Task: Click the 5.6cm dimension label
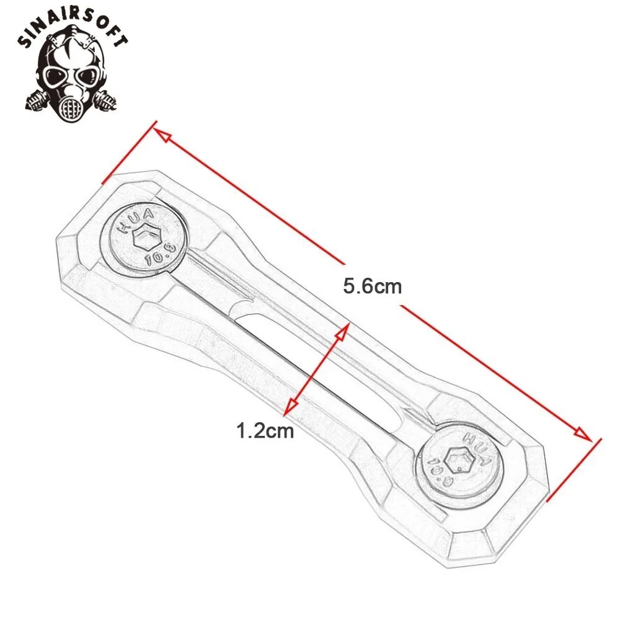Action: pos(373,286)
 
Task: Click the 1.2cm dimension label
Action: pos(265,430)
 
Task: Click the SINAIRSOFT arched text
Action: pos(73,28)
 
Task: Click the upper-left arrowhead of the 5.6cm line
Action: pos(162,135)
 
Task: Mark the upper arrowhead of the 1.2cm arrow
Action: pos(342,332)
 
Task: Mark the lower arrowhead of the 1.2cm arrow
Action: pos(291,407)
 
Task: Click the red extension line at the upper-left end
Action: pos(130,153)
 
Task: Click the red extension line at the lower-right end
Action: pos(573,470)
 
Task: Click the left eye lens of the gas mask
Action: pos(54,75)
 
